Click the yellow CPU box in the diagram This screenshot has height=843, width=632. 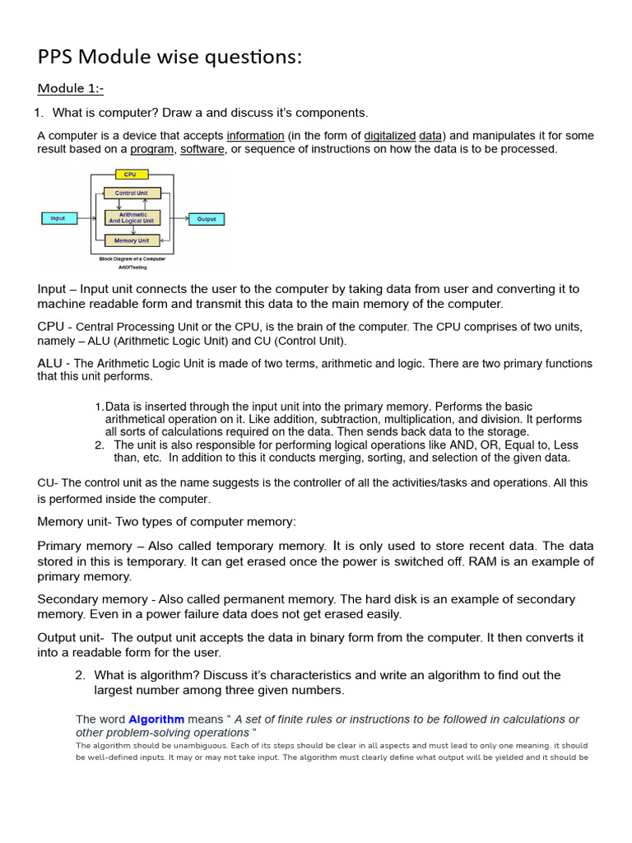(130, 175)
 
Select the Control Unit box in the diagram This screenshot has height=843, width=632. (131, 193)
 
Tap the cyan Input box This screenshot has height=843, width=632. (58, 218)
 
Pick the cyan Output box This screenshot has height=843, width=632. (207, 219)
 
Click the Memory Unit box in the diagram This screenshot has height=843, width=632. (131, 240)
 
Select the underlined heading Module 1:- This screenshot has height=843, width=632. (71, 88)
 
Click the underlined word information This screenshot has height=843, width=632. (255, 136)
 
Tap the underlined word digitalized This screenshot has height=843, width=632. (389, 136)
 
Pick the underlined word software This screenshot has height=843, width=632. (202, 149)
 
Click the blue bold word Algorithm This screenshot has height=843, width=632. (156, 720)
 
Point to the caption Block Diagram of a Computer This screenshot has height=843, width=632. (132, 258)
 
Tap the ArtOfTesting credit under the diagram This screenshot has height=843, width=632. (132, 267)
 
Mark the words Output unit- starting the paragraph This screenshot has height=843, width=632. (71, 637)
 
